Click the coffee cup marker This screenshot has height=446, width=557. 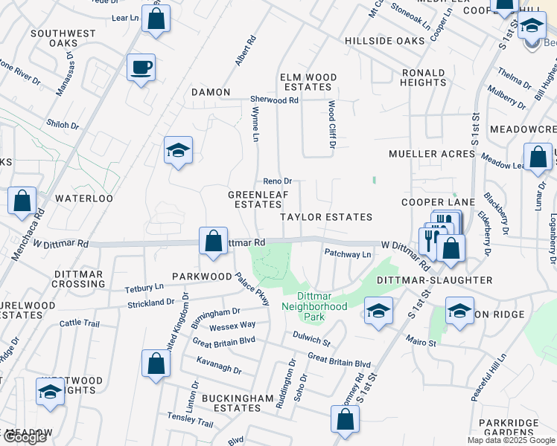(141, 68)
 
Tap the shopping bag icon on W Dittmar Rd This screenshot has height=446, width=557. (214, 242)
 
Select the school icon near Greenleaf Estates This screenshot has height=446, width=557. (178, 152)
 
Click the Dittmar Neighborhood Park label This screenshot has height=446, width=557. (314, 301)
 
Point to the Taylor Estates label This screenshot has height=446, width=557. (325, 217)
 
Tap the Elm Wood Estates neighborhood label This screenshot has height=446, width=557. (308, 82)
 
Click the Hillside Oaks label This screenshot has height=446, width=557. (384, 40)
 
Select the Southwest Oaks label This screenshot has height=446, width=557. (64, 39)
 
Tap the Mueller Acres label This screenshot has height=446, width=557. (432, 154)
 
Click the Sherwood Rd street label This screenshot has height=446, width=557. (274, 100)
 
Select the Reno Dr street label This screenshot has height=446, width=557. (277, 181)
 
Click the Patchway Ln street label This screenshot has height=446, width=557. (347, 254)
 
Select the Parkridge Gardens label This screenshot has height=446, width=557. (513, 427)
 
